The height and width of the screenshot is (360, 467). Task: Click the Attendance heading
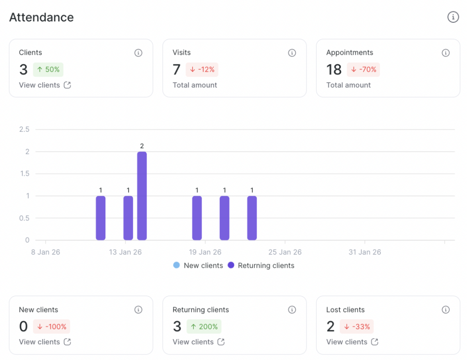[x=42, y=17]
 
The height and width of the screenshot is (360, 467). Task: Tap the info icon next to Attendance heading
[x=452, y=17]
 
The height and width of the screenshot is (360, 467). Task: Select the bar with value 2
[x=142, y=196]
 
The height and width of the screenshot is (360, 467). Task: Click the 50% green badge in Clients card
[x=48, y=70]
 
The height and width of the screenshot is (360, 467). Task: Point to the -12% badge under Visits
[x=202, y=70]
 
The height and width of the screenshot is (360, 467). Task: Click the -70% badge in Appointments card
[x=363, y=70]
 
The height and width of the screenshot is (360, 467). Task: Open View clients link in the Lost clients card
[x=352, y=342]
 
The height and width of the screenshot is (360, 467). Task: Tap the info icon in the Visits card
[x=292, y=53]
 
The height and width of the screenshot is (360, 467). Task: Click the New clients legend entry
[x=198, y=266]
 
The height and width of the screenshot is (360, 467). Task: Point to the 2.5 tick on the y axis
[x=24, y=130]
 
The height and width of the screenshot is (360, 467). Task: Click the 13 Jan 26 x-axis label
[x=125, y=252]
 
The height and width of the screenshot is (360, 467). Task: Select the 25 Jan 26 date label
[x=285, y=252]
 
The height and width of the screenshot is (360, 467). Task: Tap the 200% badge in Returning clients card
[x=204, y=327]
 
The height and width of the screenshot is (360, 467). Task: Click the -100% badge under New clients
[x=51, y=327]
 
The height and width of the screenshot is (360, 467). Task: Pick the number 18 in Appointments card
[x=334, y=70]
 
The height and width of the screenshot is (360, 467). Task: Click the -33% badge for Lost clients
[x=357, y=327]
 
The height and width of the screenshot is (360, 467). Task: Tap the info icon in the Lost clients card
[x=446, y=310]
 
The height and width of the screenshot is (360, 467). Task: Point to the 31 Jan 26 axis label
[x=365, y=252]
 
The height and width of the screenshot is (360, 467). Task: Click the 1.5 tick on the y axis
[x=24, y=174]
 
